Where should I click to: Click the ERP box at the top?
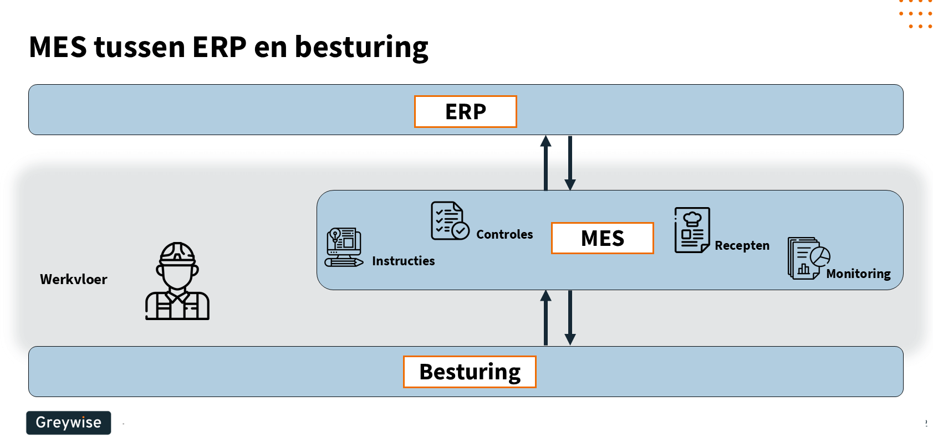tap(465, 111)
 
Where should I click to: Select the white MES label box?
tap(602, 238)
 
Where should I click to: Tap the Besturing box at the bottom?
tap(470, 372)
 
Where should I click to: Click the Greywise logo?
tap(68, 423)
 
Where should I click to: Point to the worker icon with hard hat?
tap(177, 281)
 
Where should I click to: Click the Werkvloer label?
tap(74, 279)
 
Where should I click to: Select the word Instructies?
tap(403, 261)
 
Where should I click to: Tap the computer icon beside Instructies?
tap(344, 247)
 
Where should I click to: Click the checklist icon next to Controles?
tap(450, 220)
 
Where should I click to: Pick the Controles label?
tap(504, 234)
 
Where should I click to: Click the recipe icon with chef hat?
tap(692, 230)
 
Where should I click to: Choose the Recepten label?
tap(742, 245)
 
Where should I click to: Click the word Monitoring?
tap(858, 274)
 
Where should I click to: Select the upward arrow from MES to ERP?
tap(546, 163)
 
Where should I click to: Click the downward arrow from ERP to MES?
tap(570, 163)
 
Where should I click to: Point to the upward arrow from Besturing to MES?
tap(546, 318)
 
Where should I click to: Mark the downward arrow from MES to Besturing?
tap(570, 318)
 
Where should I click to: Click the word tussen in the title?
tap(140, 47)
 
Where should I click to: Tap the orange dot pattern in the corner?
tap(916, 14)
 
